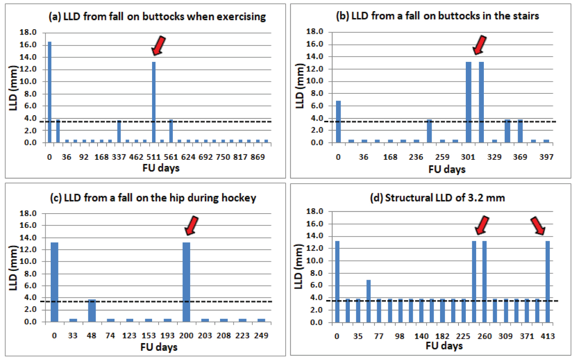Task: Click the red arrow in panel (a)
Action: (159, 46)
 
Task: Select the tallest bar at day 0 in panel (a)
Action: (50, 92)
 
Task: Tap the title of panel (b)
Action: (437, 16)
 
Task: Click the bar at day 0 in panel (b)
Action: (338, 122)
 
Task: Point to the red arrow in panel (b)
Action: (480, 45)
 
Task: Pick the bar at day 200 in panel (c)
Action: (186, 282)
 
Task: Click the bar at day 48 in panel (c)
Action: (92, 310)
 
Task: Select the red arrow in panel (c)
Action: (192, 226)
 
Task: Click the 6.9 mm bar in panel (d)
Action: (369, 301)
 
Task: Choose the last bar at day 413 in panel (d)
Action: (548, 282)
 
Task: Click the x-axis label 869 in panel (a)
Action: (258, 157)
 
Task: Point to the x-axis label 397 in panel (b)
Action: (546, 157)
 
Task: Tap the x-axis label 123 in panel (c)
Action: (129, 335)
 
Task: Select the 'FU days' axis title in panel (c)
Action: (159, 347)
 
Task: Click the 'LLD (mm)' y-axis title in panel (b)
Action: (300, 86)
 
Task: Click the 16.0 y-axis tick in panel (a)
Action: (28, 45)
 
